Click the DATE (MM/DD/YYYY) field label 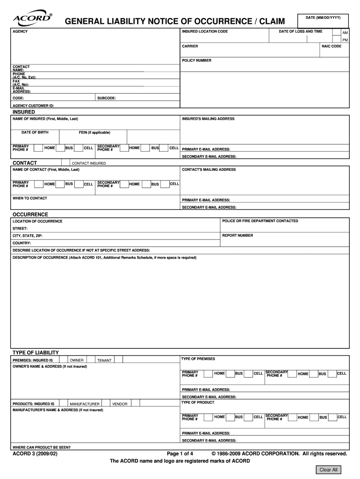(323, 17)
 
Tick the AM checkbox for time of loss (337, 32)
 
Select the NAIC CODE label (331, 46)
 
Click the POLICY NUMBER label (196, 60)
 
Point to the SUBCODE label (107, 98)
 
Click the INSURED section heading (23, 112)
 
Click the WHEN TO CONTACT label (30, 198)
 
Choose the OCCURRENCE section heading (30, 214)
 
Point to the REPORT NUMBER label (238, 235)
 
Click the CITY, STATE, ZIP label (28, 236)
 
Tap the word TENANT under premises (104, 361)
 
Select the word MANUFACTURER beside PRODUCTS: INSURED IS (85, 404)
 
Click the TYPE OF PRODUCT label (197, 402)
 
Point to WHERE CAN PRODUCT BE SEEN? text (42, 447)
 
